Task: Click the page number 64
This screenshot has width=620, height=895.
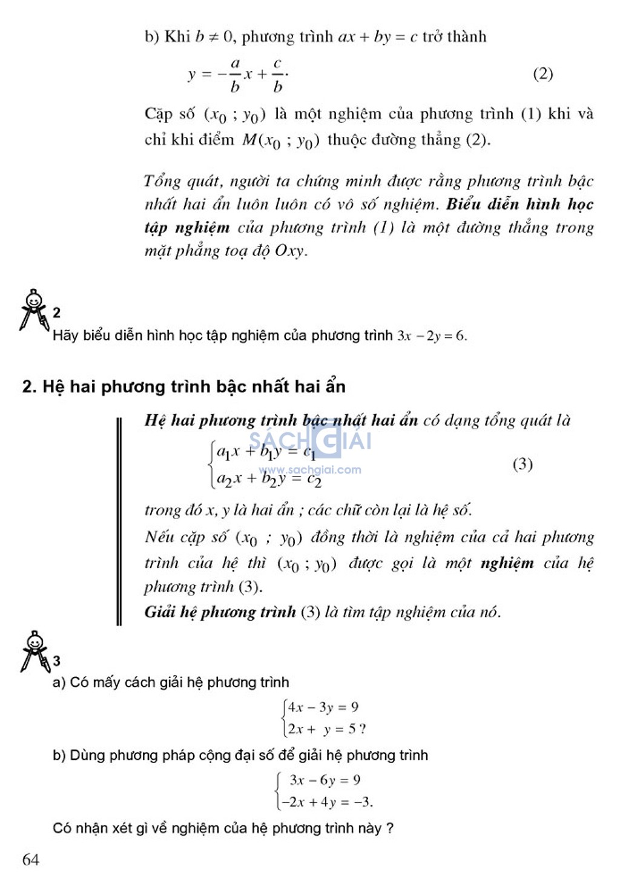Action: (31, 859)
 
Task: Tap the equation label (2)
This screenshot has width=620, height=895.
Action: (542, 74)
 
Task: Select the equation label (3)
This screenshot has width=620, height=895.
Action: (523, 464)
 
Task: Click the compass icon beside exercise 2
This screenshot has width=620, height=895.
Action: (34, 309)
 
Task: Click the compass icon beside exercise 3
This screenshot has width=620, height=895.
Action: (35, 652)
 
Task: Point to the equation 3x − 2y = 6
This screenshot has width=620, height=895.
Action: (432, 335)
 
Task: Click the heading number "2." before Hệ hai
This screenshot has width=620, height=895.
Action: (29, 387)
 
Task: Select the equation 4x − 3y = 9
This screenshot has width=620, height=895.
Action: (323, 707)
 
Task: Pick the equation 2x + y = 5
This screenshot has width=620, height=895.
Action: (322, 729)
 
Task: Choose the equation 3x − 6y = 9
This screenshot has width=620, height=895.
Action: (325, 780)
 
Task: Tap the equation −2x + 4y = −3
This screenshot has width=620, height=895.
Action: (326, 802)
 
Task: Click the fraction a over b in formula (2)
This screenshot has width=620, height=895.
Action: (235, 74)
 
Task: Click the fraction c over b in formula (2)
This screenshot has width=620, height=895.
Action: (277, 74)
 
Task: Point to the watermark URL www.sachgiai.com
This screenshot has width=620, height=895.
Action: (310, 470)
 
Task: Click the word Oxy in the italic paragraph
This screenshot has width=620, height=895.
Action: (289, 251)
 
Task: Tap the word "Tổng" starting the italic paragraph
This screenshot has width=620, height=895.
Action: (162, 181)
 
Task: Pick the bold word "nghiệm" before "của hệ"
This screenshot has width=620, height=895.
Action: (507, 563)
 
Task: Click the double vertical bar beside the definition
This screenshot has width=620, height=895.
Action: (119, 521)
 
